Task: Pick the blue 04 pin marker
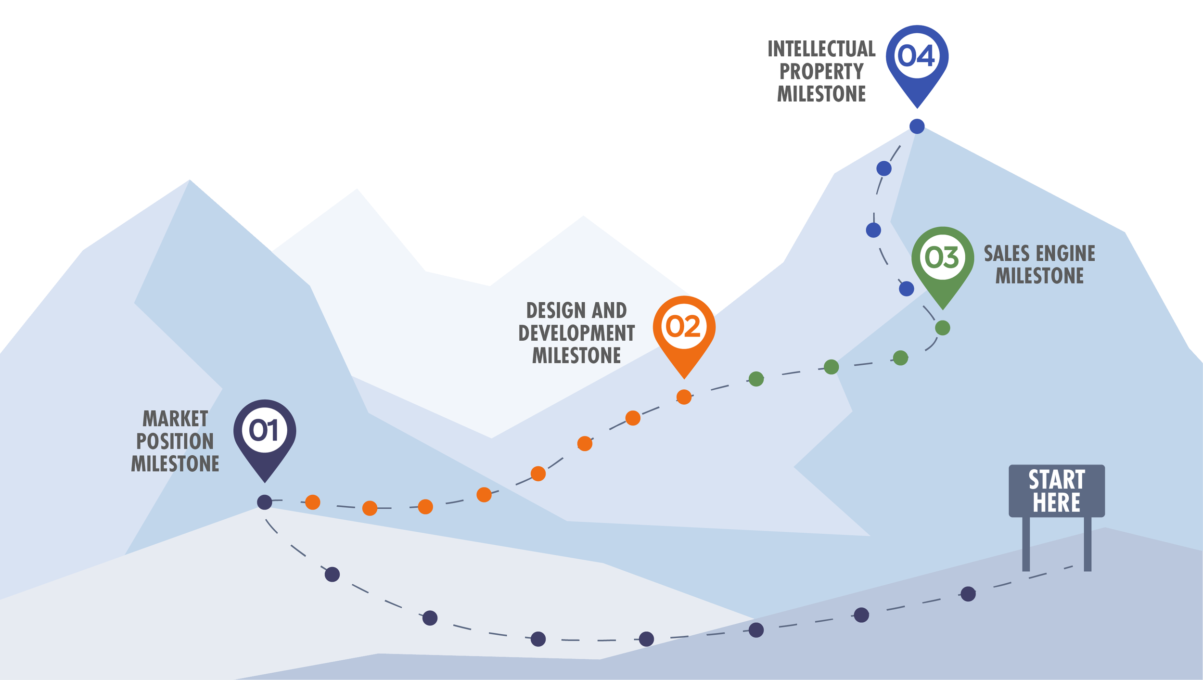[917, 58]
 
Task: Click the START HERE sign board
[1057, 491]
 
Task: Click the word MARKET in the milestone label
[176, 419]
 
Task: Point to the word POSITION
[175, 442]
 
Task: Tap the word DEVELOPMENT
[576, 334]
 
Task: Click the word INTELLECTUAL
[821, 50]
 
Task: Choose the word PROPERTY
[821, 72]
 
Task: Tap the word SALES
[1007, 254]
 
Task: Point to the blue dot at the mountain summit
[917, 127]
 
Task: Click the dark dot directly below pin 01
[265, 502]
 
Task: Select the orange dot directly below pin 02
[684, 397]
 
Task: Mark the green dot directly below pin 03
[943, 328]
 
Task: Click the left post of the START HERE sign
[1026, 544]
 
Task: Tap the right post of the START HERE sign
[1088, 544]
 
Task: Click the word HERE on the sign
[1057, 503]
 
